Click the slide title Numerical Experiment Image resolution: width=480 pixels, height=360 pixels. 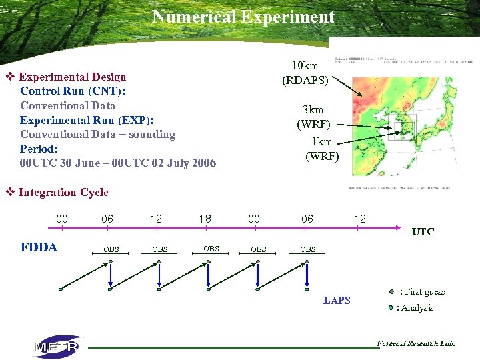point(243,17)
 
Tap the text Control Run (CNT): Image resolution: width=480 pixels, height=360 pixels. point(73,91)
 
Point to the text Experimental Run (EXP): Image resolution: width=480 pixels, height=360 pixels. point(87,120)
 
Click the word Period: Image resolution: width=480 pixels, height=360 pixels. point(39,149)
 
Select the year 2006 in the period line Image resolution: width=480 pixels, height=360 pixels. point(203,163)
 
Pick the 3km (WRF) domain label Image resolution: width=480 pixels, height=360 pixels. point(313,117)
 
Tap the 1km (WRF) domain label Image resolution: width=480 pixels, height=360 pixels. point(322,149)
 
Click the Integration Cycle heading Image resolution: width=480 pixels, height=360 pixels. point(63,193)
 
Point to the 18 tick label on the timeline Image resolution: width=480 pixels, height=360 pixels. point(205,219)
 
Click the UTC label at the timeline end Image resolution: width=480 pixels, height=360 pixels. point(423,232)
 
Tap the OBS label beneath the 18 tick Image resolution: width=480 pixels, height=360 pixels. point(211,249)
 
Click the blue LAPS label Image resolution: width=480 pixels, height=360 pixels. point(337,301)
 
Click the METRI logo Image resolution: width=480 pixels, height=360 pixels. point(58,347)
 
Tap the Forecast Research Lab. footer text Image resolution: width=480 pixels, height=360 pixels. point(415,344)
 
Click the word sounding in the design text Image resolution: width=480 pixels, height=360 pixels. point(153,135)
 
